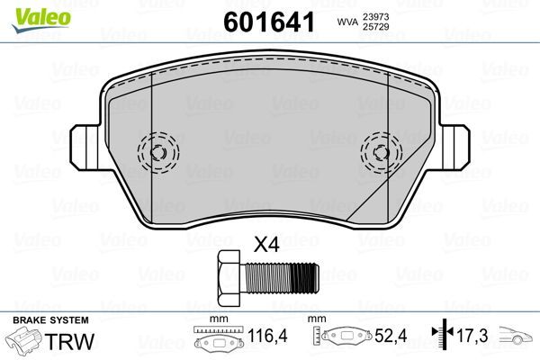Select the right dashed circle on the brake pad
click(x=382, y=150)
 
